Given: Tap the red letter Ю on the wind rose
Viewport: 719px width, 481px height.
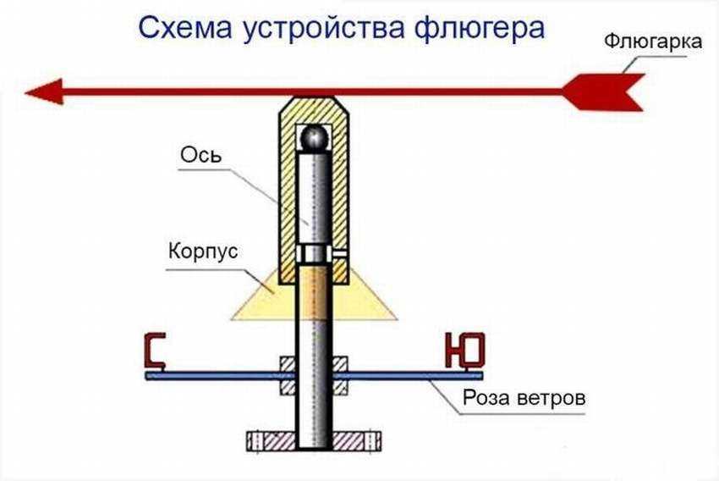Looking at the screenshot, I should [464, 351].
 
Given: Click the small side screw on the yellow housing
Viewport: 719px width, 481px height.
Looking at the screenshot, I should [339, 252].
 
